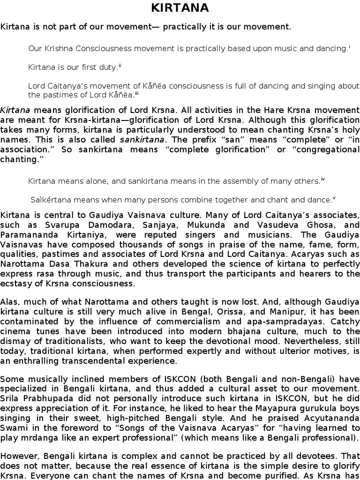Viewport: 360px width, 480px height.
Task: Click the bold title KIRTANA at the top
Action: coord(180,8)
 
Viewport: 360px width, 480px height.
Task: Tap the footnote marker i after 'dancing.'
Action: coord(350,46)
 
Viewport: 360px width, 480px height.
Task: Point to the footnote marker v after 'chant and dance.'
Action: coord(334,198)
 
